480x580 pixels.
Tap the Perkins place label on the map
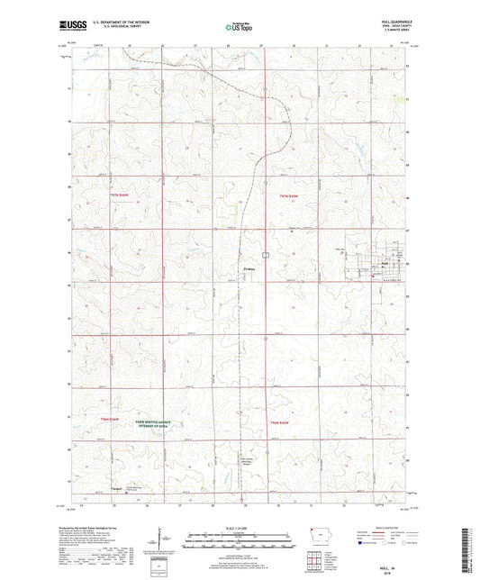coord(251,267)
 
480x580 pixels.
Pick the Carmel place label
coord(114,490)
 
